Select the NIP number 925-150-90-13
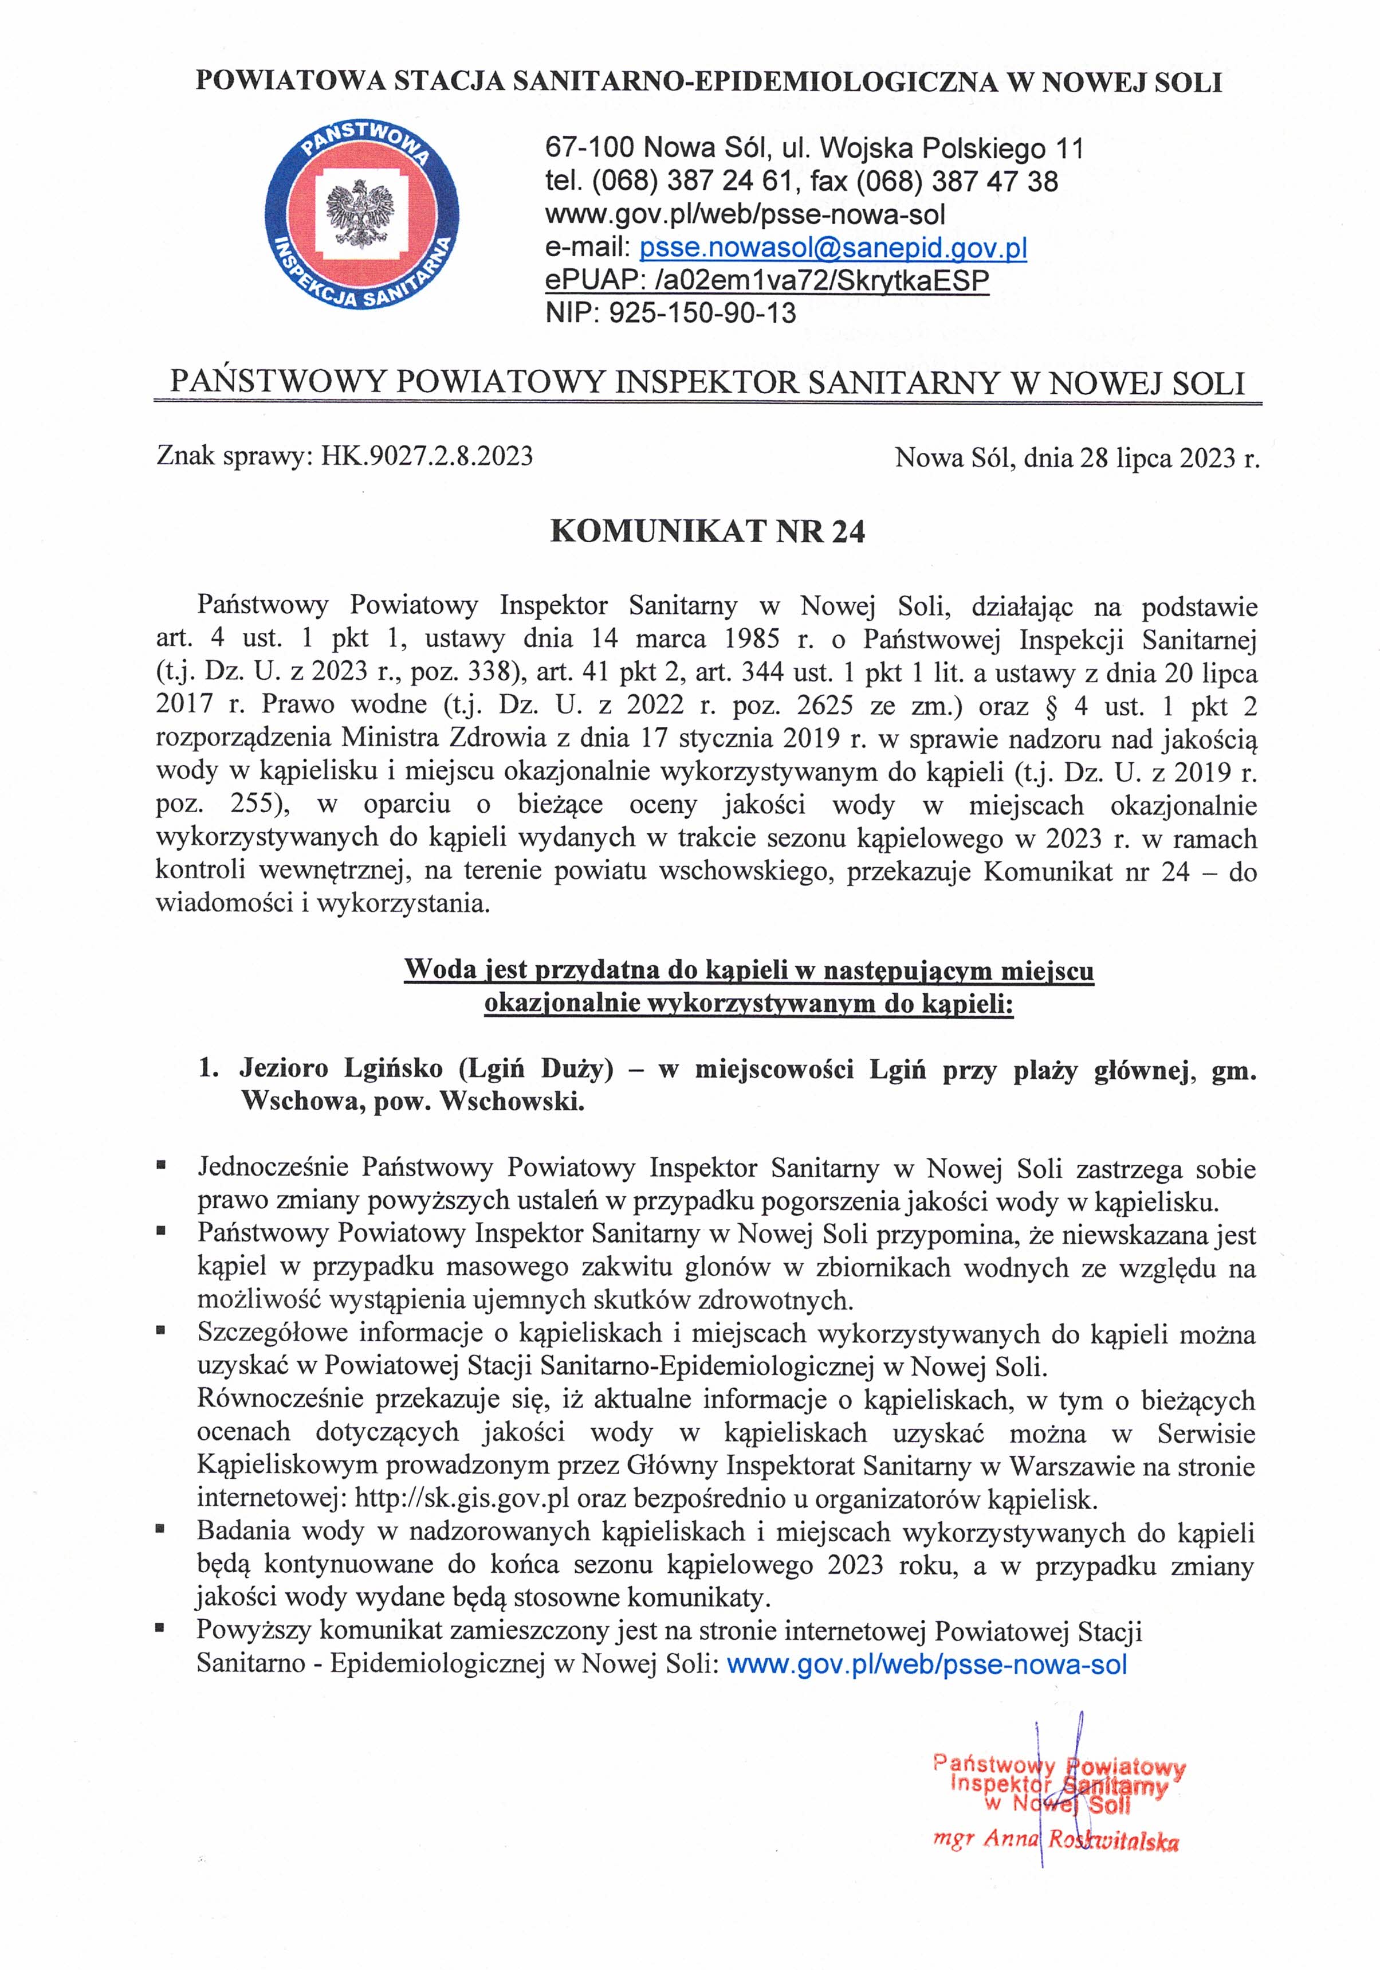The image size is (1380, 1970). click(x=702, y=312)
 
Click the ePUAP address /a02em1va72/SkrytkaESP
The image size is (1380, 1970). click(x=816, y=281)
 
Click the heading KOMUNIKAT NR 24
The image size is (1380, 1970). click(x=707, y=532)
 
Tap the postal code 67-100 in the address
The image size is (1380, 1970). click(x=589, y=148)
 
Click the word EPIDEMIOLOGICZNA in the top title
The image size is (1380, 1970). click(x=840, y=83)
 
